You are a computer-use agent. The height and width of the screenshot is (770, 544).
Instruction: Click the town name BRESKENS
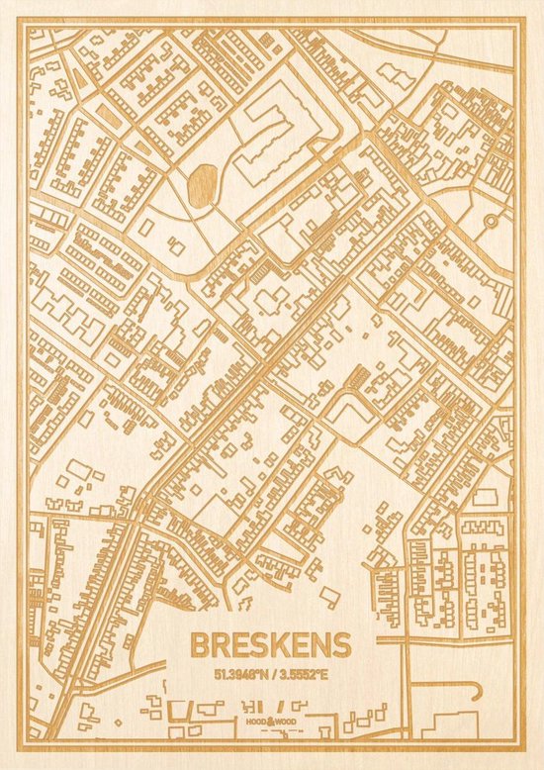tap(269, 645)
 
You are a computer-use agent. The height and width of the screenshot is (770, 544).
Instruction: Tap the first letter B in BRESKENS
tap(199, 645)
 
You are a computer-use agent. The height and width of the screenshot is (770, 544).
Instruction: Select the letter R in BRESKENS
tap(220, 645)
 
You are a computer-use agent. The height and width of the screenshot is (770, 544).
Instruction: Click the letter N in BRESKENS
tap(321, 645)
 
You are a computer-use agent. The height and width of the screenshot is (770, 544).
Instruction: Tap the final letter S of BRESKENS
tap(341, 645)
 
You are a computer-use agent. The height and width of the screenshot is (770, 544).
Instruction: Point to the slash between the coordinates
tap(271, 672)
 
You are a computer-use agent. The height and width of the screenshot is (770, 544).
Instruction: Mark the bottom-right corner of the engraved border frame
tap(515, 741)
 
